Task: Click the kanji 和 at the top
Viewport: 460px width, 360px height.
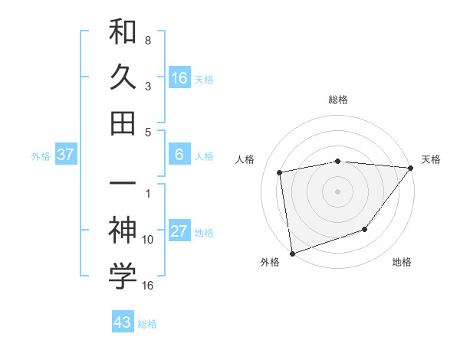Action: [123, 33]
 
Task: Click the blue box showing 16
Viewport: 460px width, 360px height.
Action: [179, 77]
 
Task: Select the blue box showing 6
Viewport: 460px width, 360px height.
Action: [179, 155]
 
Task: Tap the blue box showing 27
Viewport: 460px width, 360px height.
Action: [179, 232]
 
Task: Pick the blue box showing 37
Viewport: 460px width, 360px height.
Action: [66, 155]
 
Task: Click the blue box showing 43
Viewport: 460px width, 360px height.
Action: [123, 322]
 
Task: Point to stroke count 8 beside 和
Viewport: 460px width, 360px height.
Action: [148, 40]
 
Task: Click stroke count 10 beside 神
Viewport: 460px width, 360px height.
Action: [148, 240]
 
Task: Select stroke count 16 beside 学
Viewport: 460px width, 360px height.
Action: [148, 285]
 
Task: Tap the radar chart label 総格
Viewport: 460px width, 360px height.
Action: [337, 100]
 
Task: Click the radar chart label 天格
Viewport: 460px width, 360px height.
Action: [431, 159]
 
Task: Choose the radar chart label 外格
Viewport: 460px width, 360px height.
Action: [269, 262]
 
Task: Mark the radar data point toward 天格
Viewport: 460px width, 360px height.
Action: [411, 168]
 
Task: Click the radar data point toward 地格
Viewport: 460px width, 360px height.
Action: [366, 229]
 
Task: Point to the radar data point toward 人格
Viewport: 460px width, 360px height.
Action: [280, 172]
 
